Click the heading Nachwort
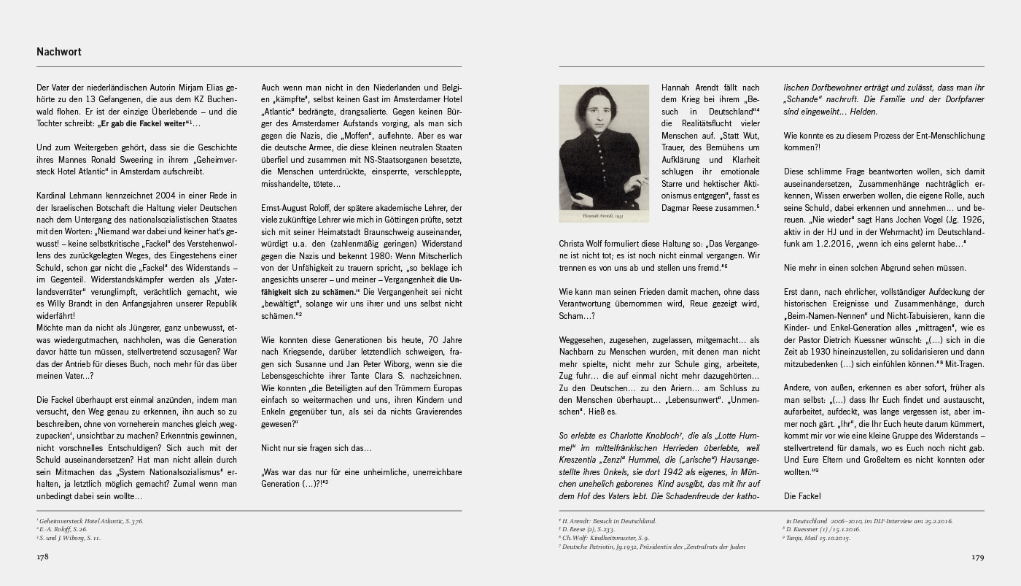click(x=59, y=53)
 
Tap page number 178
click(x=42, y=558)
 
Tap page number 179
click(x=977, y=558)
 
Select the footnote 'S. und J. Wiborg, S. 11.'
click(x=69, y=538)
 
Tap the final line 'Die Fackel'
click(x=802, y=496)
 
